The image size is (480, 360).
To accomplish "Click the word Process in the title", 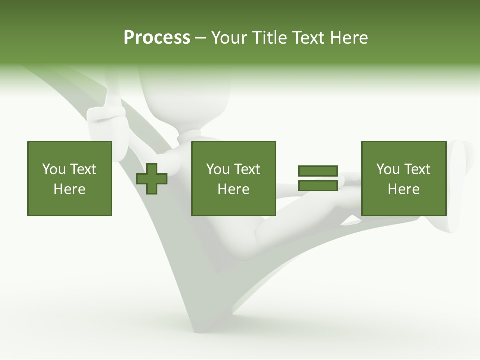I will click(x=157, y=38).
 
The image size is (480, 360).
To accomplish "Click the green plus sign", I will click(x=152, y=179).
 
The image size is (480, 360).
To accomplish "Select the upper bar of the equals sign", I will click(x=318, y=171).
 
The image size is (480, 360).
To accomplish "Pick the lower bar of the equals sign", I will click(x=318, y=185).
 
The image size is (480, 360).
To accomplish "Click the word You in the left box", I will click(x=54, y=169).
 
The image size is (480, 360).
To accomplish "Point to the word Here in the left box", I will click(x=70, y=189).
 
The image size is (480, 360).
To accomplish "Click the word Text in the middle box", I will click(x=247, y=169).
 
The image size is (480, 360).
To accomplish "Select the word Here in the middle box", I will click(x=233, y=189).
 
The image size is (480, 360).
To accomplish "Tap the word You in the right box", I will click(x=388, y=169).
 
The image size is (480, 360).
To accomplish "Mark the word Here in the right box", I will click(x=403, y=189).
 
